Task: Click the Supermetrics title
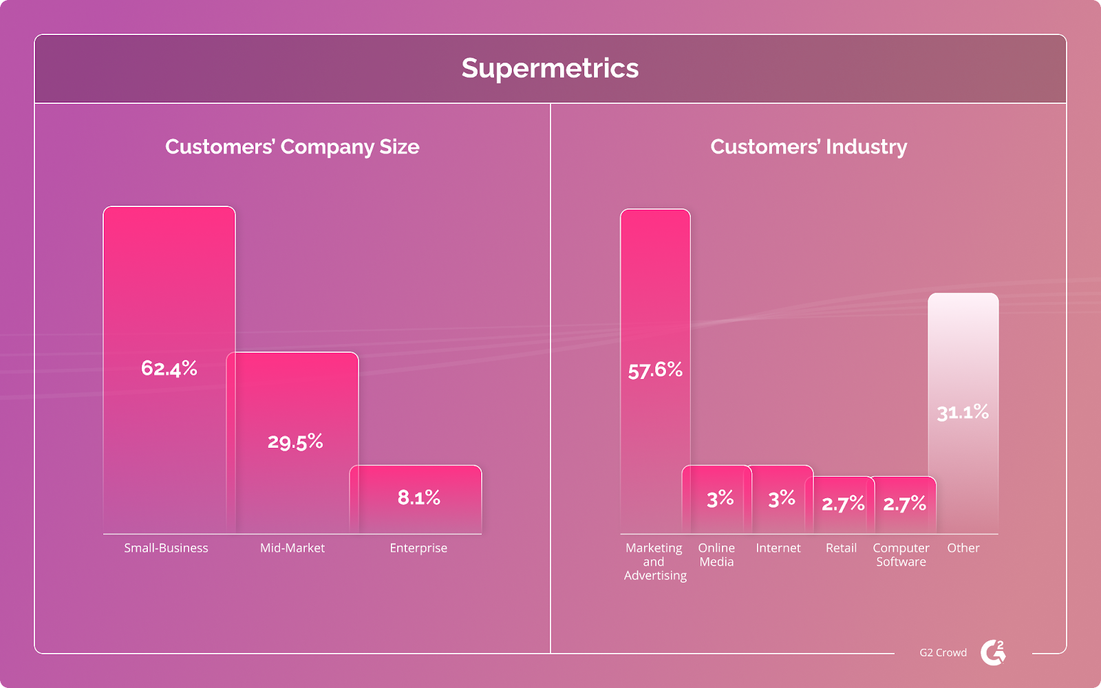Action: coord(550,68)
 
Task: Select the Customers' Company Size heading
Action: coord(292,147)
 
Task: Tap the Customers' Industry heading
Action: coord(809,147)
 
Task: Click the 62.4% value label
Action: coord(169,369)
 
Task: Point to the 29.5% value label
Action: coord(295,442)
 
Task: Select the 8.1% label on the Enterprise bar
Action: coord(418,497)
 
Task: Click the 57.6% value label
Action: coord(655,371)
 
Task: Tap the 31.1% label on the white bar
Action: coord(963,413)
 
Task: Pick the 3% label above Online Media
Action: coord(720,499)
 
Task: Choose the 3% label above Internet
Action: coord(782,499)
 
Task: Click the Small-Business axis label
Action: coord(166,548)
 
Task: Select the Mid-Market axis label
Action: coord(292,548)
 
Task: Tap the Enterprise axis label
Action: coord(418,548)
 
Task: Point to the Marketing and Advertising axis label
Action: coord(654,561)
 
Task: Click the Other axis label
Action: coord(963,548)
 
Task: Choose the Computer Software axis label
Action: coord(901,555)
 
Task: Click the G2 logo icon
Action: coord(993,652)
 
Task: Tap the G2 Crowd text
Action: coord(943,653)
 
